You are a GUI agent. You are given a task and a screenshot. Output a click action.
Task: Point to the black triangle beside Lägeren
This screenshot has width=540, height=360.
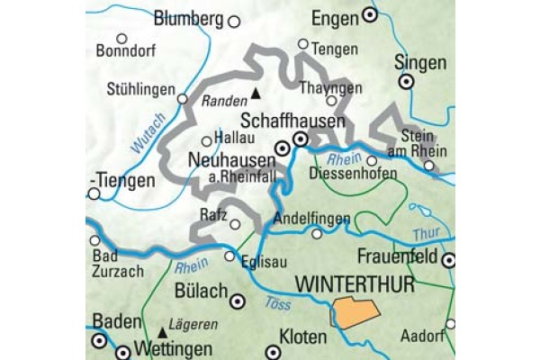pyautogui.click(x=163, y=330)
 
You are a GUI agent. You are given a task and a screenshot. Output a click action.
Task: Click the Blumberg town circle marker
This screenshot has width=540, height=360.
pyautogui.click(x=235, y=20)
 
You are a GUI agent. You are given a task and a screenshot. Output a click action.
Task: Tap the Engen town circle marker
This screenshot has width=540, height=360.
pyautogui.click(x=369, y=15)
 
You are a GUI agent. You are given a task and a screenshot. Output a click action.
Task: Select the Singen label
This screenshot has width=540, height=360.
pyautogui.click(x=419, y=62)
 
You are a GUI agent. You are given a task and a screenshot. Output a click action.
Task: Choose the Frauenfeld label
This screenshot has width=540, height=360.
pyautogui.click(x=396, y=257)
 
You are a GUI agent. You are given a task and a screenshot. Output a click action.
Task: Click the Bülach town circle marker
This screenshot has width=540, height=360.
pyautogui.click(x=238, y=302)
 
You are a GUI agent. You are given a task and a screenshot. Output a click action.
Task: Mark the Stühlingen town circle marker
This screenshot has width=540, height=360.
pyautogui.click(x=183, y=99)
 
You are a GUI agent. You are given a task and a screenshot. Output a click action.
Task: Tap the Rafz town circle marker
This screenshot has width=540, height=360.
pyautogui.click(x=235, y=225)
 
